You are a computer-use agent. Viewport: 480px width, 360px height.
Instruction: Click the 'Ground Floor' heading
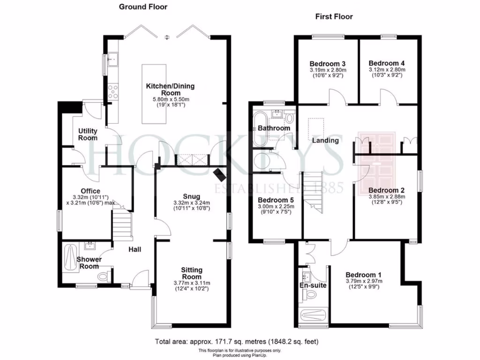143,7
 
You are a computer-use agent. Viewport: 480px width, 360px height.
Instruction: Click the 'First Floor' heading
334,17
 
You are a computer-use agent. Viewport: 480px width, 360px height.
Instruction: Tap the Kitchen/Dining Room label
170,90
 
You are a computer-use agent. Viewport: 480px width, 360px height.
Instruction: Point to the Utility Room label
88,134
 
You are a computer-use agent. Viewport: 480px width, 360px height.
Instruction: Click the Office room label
90,191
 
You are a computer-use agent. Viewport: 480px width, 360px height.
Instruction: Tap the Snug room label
192,196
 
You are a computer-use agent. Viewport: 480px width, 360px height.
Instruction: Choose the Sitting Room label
192,273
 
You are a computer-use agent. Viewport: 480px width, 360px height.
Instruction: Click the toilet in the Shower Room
105,277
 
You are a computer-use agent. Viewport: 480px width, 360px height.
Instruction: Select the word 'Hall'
135,249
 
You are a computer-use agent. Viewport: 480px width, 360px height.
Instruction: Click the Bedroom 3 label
328,64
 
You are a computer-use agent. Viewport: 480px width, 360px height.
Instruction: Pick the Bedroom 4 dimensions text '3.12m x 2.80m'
387,69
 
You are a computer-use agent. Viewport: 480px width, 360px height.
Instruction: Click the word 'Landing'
325,140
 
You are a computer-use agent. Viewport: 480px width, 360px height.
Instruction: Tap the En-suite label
313,285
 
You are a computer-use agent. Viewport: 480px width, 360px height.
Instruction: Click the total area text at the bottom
237,341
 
